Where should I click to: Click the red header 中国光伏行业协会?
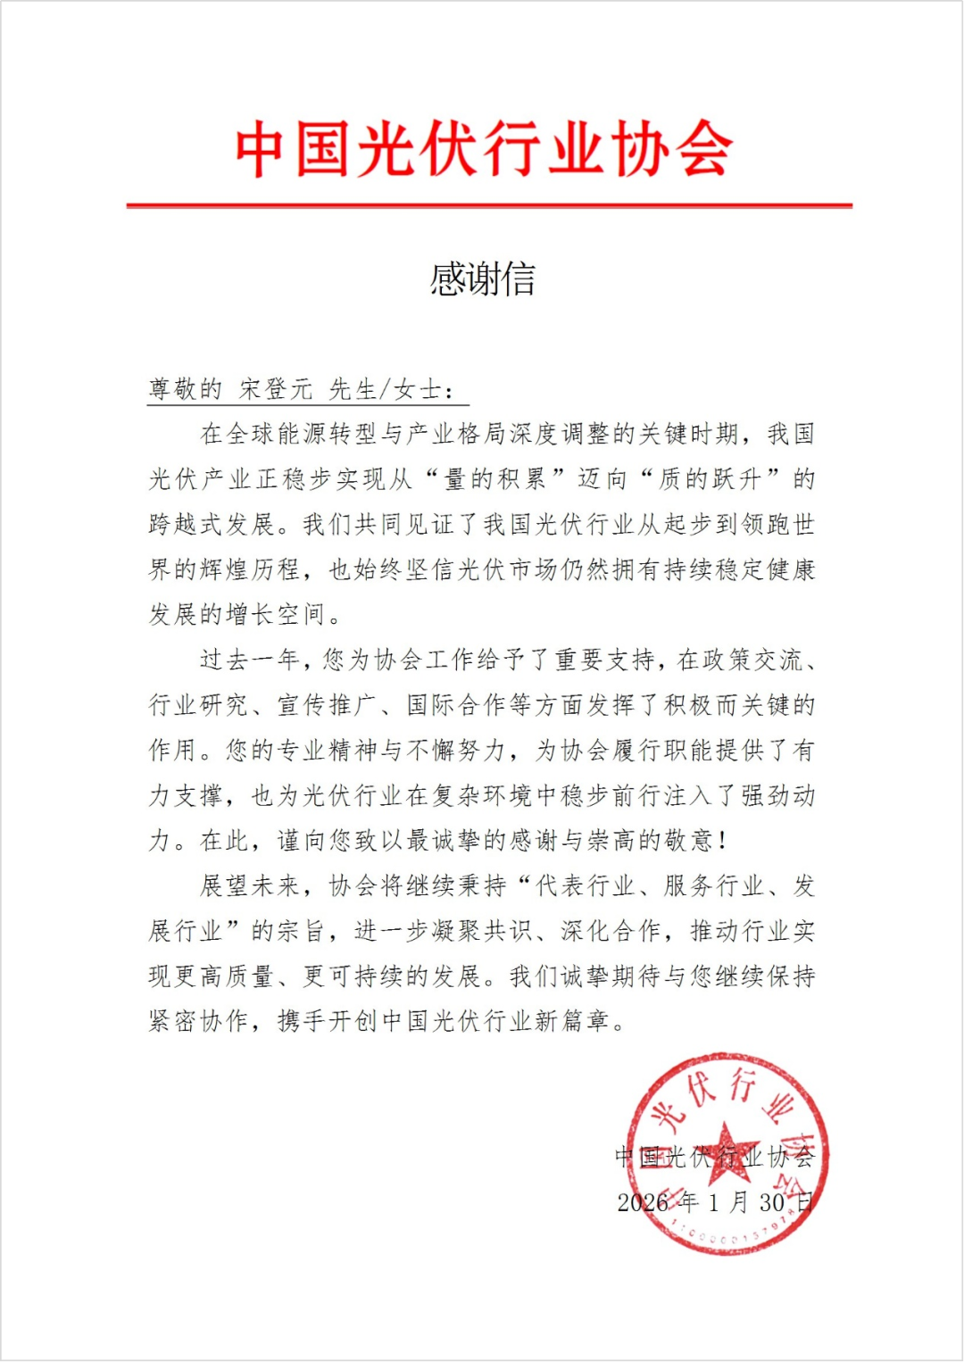483,149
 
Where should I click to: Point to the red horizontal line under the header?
489,205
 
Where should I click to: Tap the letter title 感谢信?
482,279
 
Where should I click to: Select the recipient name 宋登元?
276,389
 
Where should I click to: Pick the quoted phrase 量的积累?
494,479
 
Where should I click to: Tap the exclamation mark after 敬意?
722,841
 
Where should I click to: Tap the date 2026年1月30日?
714,1202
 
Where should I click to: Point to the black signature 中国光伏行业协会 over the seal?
714,1157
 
